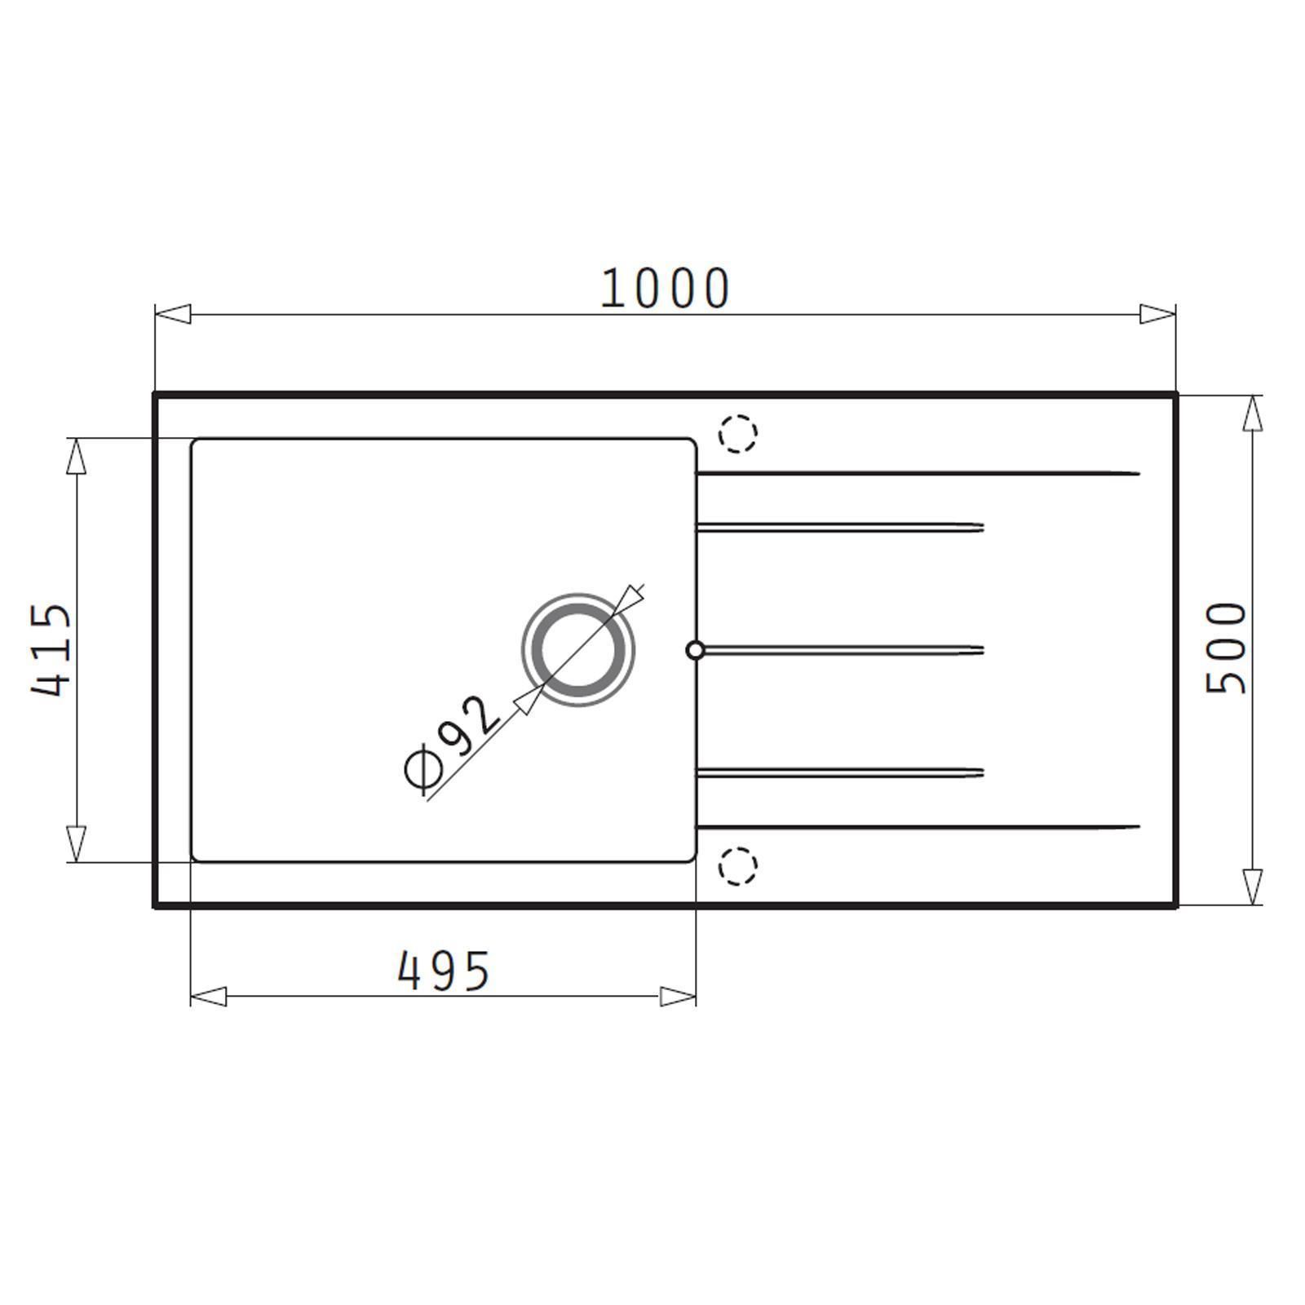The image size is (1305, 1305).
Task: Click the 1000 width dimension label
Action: click(665, 288)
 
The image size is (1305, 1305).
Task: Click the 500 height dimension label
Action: click(1227, 648)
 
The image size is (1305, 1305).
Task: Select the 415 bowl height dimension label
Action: click(51, 650)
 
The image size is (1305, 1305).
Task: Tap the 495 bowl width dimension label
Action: click(444, 971)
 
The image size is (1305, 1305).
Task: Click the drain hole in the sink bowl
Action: click(578, 650)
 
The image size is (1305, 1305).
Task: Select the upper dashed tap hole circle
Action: click(738, 433)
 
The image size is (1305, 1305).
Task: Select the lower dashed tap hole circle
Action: click(738, 865)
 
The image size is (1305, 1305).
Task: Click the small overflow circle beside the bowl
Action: click(695, 650)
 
